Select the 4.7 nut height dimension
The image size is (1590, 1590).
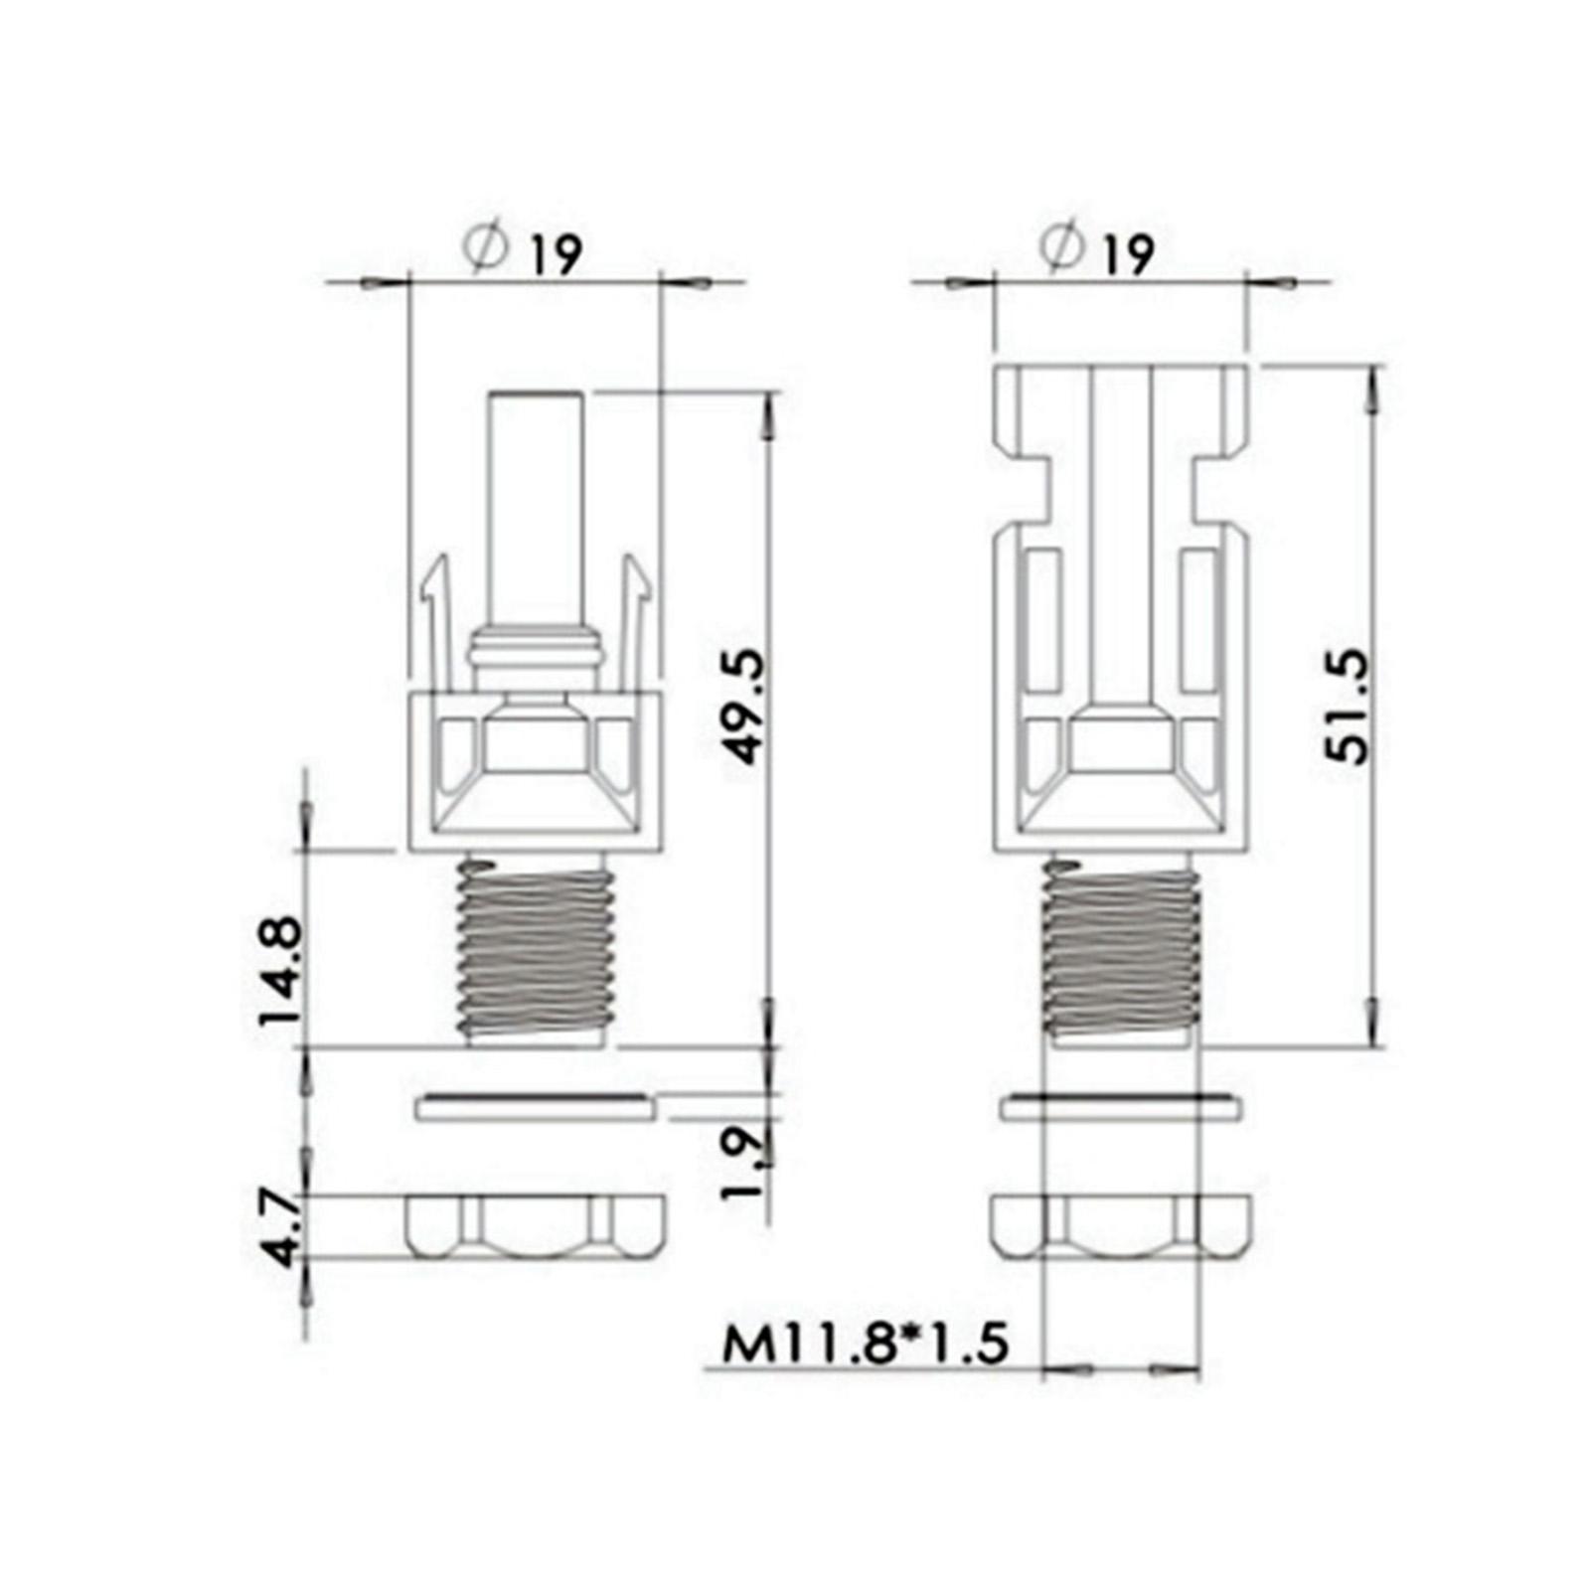click(x=283, y=1230)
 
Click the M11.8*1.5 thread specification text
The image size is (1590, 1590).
click(x=865, y=1344)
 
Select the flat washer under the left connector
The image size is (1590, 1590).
click(x=534, y=1107)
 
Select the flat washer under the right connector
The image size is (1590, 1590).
click(x=1121, y=1107)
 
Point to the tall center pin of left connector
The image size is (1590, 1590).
click(x=536, y=507)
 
